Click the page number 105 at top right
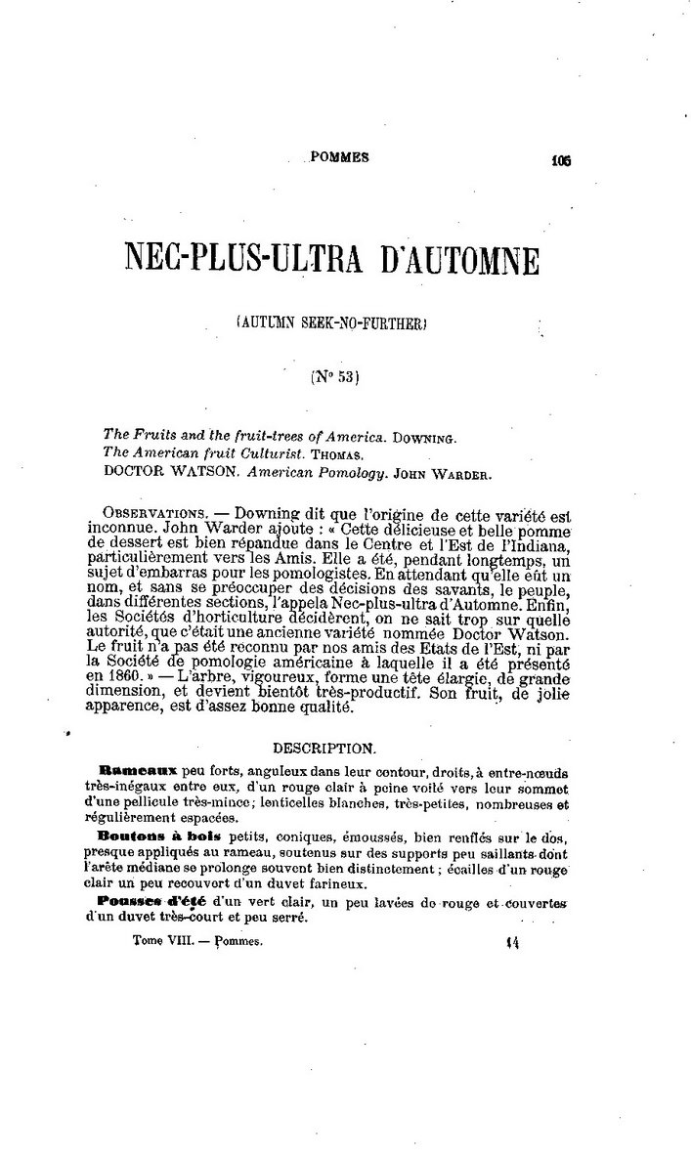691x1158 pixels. pyautogui.click(x=561, y=163)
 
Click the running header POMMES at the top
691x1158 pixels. pyautogui.click(x=339, y=157)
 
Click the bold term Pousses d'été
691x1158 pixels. pyautogui.click(x=150, y=900)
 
